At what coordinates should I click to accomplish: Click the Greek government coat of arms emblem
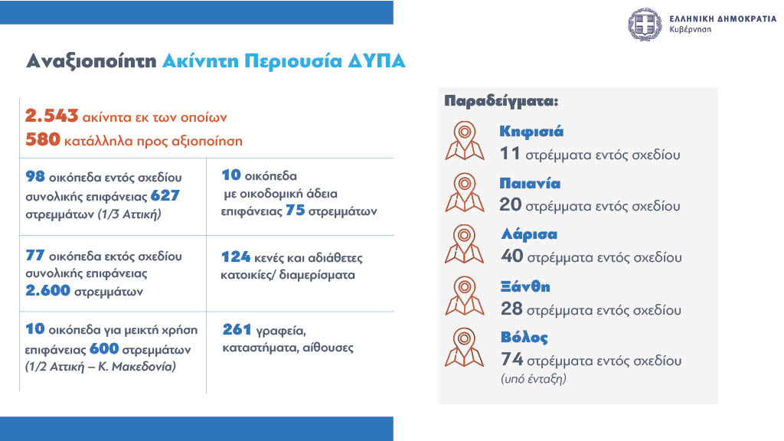pos(645,24)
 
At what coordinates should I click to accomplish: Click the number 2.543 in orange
pos(51,116)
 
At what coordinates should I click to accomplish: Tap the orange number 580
pos(43,139)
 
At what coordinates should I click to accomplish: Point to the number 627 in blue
pos(165,195)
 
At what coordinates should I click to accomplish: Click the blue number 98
pos(35,177)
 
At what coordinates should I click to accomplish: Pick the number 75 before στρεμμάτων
pos(295,211)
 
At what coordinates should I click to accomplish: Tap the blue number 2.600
pos(48,290)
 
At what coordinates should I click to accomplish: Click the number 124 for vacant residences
pos(236,257)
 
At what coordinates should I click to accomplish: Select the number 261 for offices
pos(237,329)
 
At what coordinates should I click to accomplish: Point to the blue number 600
pos(104,348)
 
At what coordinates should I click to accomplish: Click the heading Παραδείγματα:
pos(501,101)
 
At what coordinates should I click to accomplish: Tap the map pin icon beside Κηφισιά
pos(465,141)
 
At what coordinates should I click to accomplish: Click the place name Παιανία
pos(530,184)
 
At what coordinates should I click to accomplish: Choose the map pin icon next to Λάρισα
pos(465,244)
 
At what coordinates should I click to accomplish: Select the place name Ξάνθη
pos(525,286)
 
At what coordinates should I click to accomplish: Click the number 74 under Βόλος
pos(512,359)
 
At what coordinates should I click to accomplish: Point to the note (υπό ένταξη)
pos(534,379)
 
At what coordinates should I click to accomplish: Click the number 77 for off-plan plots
pos(35,256)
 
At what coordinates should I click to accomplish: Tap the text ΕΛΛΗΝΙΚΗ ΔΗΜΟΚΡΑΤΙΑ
pos(723,19)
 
